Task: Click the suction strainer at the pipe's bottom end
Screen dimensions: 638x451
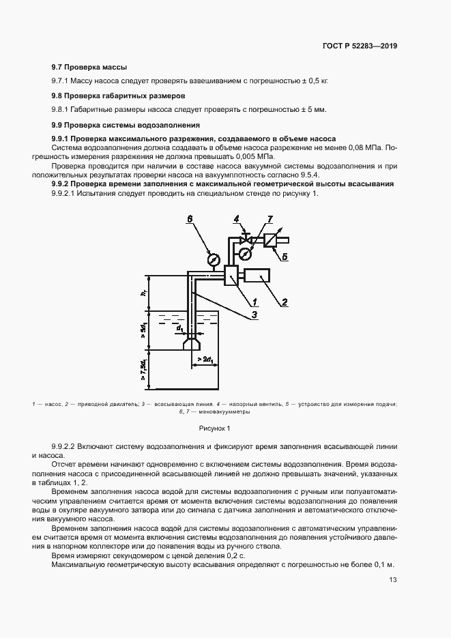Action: click(x=192, y=343)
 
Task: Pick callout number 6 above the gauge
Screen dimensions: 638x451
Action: click(x=191, y=218)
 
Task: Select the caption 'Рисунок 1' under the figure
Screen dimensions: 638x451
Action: click(x=214, y=428)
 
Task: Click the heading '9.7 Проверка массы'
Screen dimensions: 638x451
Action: click(x=90, y=67)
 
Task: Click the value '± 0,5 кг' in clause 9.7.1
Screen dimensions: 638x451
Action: click(x=312, y=81)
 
